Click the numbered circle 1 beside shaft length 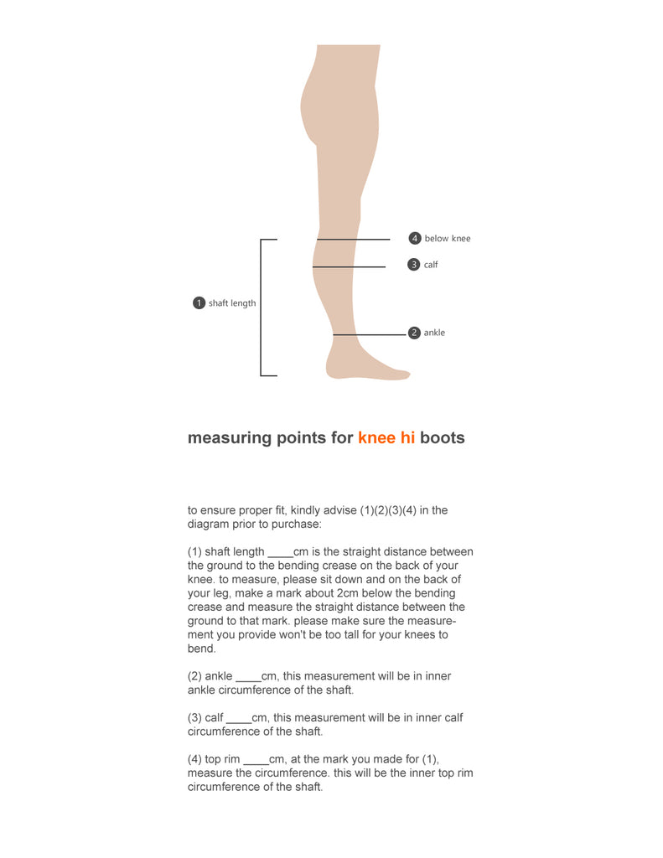point(199,303)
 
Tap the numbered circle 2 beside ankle point(414,333)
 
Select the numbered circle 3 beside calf point(413,265)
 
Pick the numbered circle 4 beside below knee point(414,239)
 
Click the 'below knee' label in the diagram point(448,239)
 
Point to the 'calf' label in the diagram point(431,265)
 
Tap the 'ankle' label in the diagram point(434,333)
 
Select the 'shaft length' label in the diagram point(232,303)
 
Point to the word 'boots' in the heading point(443,438)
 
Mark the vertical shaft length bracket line point(262,308)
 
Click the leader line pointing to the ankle point(369,335)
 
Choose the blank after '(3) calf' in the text point(239,718)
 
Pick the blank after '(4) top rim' point(256,760)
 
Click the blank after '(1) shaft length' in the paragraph point(280,552)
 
